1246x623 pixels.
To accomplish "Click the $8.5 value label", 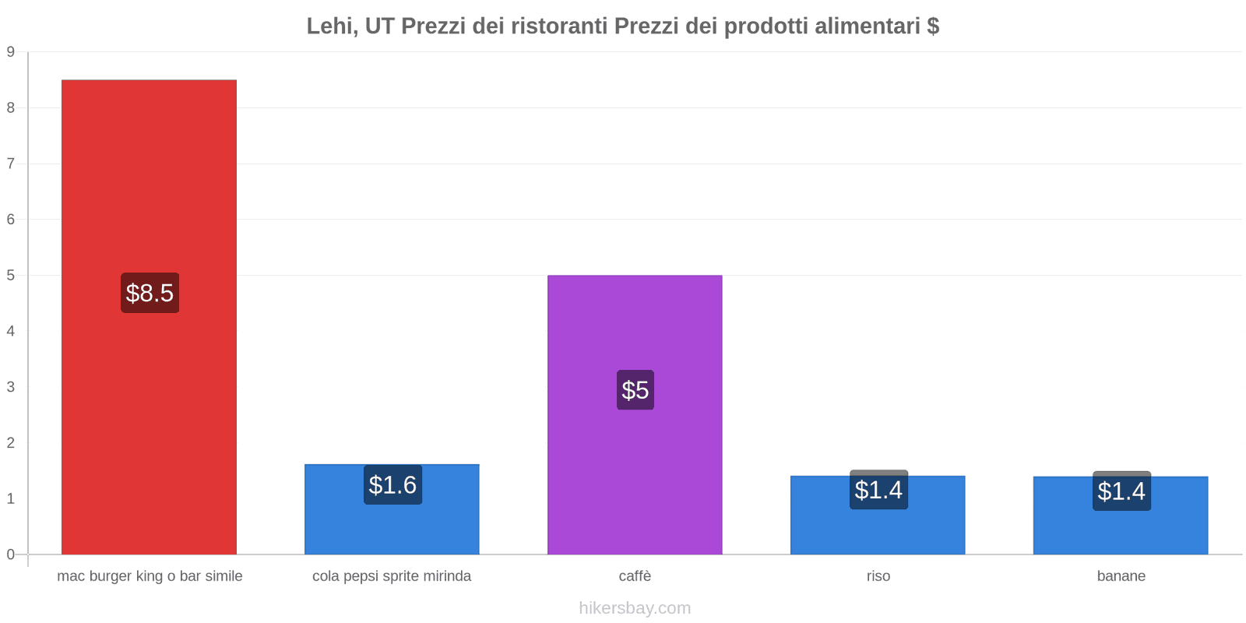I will (150, 293).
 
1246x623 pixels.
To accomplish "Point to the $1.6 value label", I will (392, 485).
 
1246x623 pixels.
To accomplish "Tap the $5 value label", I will (635, 390).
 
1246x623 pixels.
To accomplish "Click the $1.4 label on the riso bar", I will (878, 490).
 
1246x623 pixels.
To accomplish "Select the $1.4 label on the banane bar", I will (1121, 491).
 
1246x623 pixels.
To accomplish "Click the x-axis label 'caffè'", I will (635, 576).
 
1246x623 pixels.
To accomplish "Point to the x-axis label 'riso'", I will (878, 576).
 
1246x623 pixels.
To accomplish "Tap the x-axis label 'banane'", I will (1121, 576).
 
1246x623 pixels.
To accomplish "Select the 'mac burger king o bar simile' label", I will (150, 576).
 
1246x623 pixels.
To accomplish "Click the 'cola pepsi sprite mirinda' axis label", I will (392, 576).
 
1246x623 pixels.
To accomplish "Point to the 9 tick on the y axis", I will (11, 52).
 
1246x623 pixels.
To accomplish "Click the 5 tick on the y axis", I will (11, 276).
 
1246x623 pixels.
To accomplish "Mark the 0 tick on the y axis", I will (11, 554).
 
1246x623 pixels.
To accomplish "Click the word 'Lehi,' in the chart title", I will (332, 26).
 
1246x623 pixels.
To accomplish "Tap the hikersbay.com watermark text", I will (635, 608).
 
